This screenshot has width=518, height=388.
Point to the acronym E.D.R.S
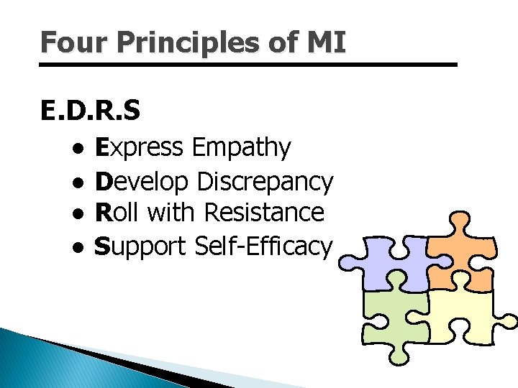91,111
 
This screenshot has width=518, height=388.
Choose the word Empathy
241,149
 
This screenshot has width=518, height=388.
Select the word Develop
142,181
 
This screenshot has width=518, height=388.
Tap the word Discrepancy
265,181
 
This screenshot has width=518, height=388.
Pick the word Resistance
264,213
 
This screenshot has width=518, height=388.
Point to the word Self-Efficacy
263,246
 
